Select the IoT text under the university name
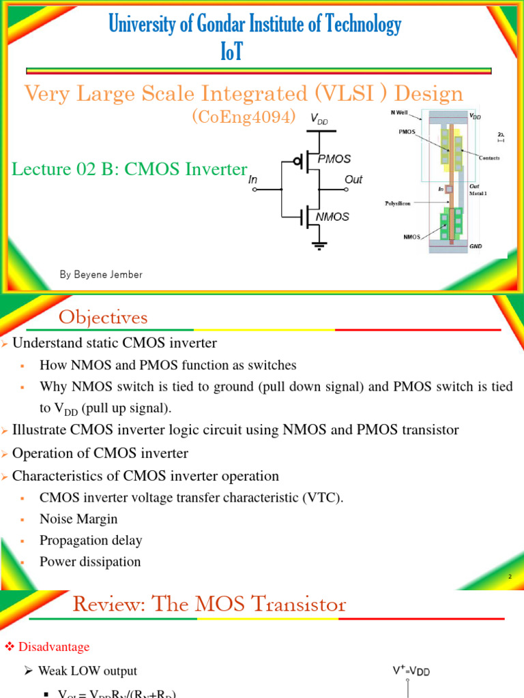click(x=231, y=52)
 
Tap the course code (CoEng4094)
click(x=244, y=117)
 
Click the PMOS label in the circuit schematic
click(x=334, y=159)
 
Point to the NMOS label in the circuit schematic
click(x=332, y=217)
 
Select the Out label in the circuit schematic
click(x=353, y=180)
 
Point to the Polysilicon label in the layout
click(x=401, y=203)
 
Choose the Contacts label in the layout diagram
click(x=489, y=158)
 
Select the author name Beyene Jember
click(x=101, y=275)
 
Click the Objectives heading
click(x=103, y=318)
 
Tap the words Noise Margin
click(x=78, y=519)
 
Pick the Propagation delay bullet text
click(x=91, y=541)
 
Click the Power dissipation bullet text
click(x=90, y=562)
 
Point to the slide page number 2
click(x=509, y=577)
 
